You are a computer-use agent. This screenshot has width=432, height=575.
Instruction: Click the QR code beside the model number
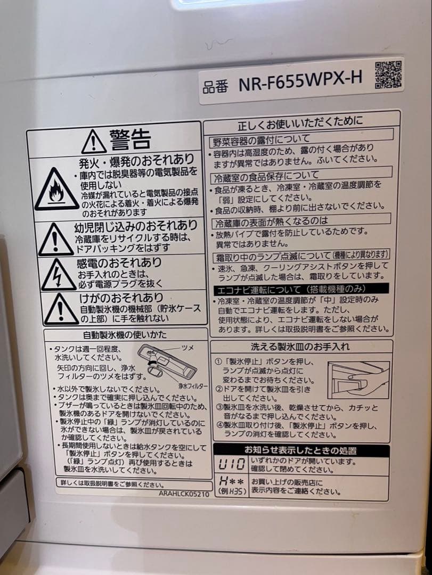pyautogui.click(x=389, y=75)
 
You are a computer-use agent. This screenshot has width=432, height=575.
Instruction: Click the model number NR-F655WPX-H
pyautogui.click(x=300, y=81)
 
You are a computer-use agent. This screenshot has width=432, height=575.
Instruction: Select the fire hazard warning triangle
pyautogui.click(x=56, y=191)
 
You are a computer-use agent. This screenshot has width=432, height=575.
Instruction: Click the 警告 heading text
pyautogui.click(x=131, y=139)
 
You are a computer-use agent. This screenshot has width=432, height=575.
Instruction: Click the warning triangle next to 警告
pyautogui.click(x=94, y=141)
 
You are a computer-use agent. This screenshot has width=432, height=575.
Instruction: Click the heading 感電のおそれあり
pyautogui.click(x=119, y=262)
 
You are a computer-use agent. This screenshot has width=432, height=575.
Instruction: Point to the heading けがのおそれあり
pyautogui.click(x=121, y=297)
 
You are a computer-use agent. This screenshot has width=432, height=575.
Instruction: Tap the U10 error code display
pyautogui.click(x=232, y=465)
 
